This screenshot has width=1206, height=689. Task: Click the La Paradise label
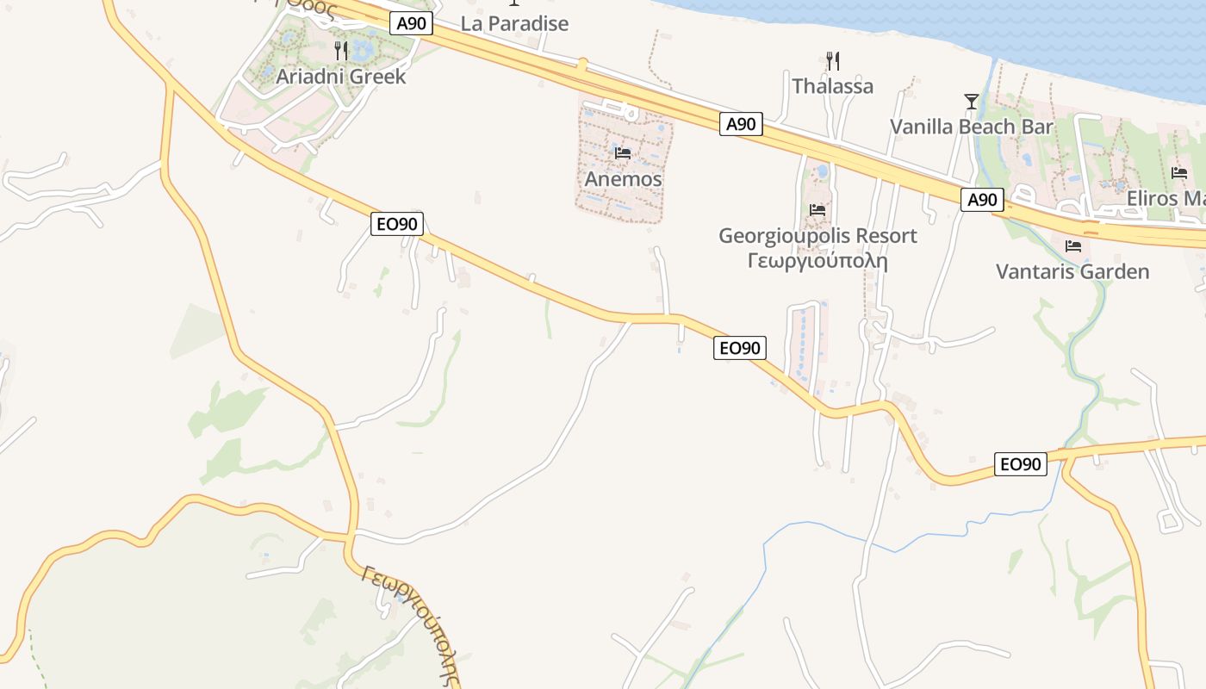pos(514,23)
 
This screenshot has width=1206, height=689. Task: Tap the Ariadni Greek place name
pos(340,76)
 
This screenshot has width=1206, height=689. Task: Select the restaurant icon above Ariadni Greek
pos(341,51)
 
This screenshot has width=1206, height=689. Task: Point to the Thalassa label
pos(832,86)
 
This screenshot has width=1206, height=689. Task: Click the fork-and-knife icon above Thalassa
pos(832,60)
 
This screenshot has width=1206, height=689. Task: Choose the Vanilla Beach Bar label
pos(971,127)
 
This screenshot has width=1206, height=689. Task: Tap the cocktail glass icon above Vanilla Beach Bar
pos(971,102)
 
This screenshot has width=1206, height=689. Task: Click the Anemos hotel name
pos(623,179)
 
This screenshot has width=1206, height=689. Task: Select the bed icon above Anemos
pos(623,153)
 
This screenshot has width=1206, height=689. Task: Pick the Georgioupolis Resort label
pos(817,235)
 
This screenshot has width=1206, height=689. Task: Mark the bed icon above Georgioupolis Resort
pos(817,209)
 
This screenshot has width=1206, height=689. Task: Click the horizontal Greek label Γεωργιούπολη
pos(817,259)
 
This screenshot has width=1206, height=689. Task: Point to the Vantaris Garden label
pos(1072,271)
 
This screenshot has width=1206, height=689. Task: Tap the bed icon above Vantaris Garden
pos(1072,246)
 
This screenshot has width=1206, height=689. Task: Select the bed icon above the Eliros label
pos(1179,172)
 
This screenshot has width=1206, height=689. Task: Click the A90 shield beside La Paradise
pos(411,23)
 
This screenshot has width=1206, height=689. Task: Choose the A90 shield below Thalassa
pos(741,124)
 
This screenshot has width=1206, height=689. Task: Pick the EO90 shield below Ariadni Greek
pos(398,224)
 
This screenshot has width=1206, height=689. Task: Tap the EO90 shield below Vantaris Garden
pos(1020,464)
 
